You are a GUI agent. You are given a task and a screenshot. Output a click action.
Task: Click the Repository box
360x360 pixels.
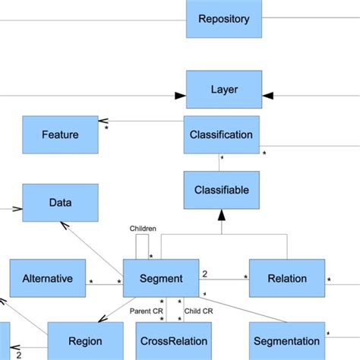(223, 19)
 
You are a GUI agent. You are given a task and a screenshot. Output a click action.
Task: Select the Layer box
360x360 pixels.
(223, 90)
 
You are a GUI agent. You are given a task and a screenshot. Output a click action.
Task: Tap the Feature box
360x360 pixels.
(60, 134)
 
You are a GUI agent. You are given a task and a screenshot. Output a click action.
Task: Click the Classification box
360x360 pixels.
(222, 134)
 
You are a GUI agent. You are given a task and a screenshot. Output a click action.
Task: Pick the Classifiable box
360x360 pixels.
(222, 189)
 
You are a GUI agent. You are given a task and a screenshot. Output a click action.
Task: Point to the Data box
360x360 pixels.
(60, 203)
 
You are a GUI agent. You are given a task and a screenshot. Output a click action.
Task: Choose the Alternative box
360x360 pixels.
(47, 278)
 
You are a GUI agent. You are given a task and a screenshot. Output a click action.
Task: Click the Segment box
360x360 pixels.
(161, 278)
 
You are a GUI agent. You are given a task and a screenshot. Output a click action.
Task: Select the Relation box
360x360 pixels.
(286, 278)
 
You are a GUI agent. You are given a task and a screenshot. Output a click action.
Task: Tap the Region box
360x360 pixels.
(85, 341)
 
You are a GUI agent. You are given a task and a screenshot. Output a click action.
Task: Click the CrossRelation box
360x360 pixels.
(172, 341)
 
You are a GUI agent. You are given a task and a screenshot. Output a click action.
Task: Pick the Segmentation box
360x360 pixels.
(286, 341)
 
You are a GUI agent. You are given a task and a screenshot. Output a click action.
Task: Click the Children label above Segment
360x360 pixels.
(144, 227)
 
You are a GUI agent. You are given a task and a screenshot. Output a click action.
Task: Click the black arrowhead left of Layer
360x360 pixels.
(180, 96)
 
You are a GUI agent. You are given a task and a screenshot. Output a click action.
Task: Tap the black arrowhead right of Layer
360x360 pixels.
(267, 96)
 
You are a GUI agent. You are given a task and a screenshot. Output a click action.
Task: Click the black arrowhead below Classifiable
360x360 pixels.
(222, 216)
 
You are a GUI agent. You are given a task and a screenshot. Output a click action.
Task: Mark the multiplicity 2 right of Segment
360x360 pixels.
(204, 272)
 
